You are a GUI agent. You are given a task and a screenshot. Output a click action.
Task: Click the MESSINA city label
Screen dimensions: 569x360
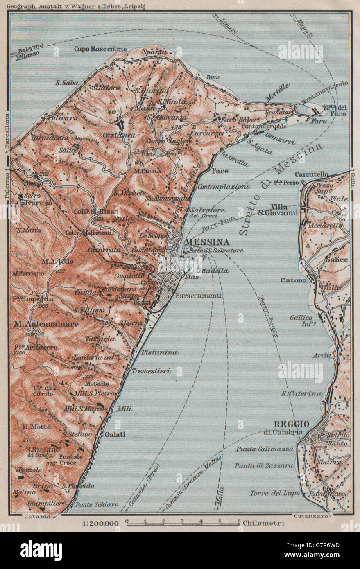click(207, 242)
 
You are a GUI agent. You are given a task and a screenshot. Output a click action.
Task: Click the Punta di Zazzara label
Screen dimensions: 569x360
click(264, 465)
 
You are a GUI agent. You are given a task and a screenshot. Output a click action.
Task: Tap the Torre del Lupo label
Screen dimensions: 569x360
click(271, 493)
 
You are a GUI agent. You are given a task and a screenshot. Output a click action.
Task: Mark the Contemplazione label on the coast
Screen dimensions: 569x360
click(224, 187)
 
